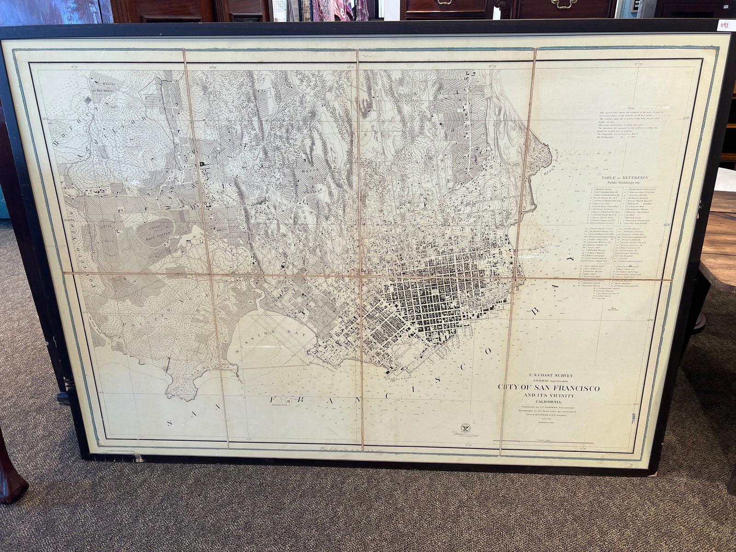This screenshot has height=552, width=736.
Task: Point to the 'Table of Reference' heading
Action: [625, 177]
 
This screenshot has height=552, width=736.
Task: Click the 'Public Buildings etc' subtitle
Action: [625, 183]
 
